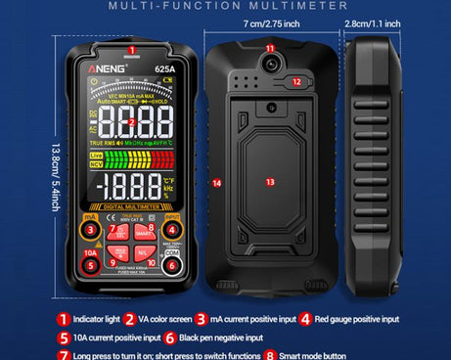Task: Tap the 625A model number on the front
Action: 162,69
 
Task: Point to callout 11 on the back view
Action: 270,48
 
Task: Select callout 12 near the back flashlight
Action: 294,82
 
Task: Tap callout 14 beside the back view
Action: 217,182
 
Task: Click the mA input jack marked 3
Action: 90,231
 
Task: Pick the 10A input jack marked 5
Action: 90,263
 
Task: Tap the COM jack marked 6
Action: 172,263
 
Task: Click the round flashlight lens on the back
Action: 270,66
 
